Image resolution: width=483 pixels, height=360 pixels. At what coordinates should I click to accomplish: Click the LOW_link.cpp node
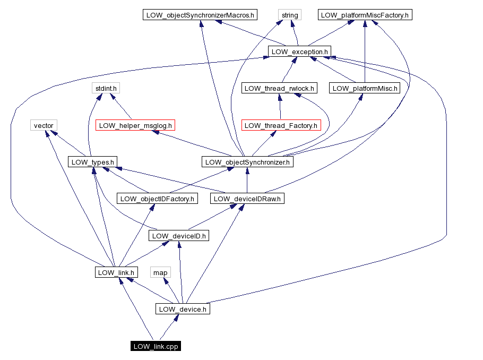coord(156,346)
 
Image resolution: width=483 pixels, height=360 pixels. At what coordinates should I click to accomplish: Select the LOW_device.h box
coord(183,309)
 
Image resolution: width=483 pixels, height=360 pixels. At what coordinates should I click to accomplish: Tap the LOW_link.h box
coord(116,272)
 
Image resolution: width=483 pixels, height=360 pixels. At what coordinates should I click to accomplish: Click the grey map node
coord(160,272)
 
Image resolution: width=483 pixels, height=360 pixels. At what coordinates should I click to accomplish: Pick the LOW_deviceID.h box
coord(179,236)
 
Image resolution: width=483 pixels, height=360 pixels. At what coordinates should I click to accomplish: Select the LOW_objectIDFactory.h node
coord(157,199)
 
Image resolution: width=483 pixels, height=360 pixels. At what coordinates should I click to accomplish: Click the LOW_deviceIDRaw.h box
coord(247,199)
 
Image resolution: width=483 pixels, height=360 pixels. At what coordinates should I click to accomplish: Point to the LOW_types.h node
coord(93,162)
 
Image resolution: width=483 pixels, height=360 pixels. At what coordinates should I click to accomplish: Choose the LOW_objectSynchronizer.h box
coord(247,162)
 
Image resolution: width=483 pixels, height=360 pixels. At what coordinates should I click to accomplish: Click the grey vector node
coord(44,125)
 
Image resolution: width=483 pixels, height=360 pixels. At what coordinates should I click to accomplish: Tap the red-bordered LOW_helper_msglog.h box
coord(136,125)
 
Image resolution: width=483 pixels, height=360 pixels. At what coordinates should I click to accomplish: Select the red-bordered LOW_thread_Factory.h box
coord(281,125)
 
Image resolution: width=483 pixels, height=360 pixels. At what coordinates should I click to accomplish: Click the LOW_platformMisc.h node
coord(365,88)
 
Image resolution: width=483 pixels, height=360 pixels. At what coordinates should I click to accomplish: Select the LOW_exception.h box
coord(299,52)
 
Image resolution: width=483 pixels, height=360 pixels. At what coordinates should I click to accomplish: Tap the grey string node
coord(290,15)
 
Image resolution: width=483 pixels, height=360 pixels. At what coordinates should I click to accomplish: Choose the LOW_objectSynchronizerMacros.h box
coord(200,15)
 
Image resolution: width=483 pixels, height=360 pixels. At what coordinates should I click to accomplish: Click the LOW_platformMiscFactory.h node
coord(365,15)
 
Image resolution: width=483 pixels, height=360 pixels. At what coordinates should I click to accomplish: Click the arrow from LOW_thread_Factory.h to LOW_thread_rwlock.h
coord(280,109)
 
